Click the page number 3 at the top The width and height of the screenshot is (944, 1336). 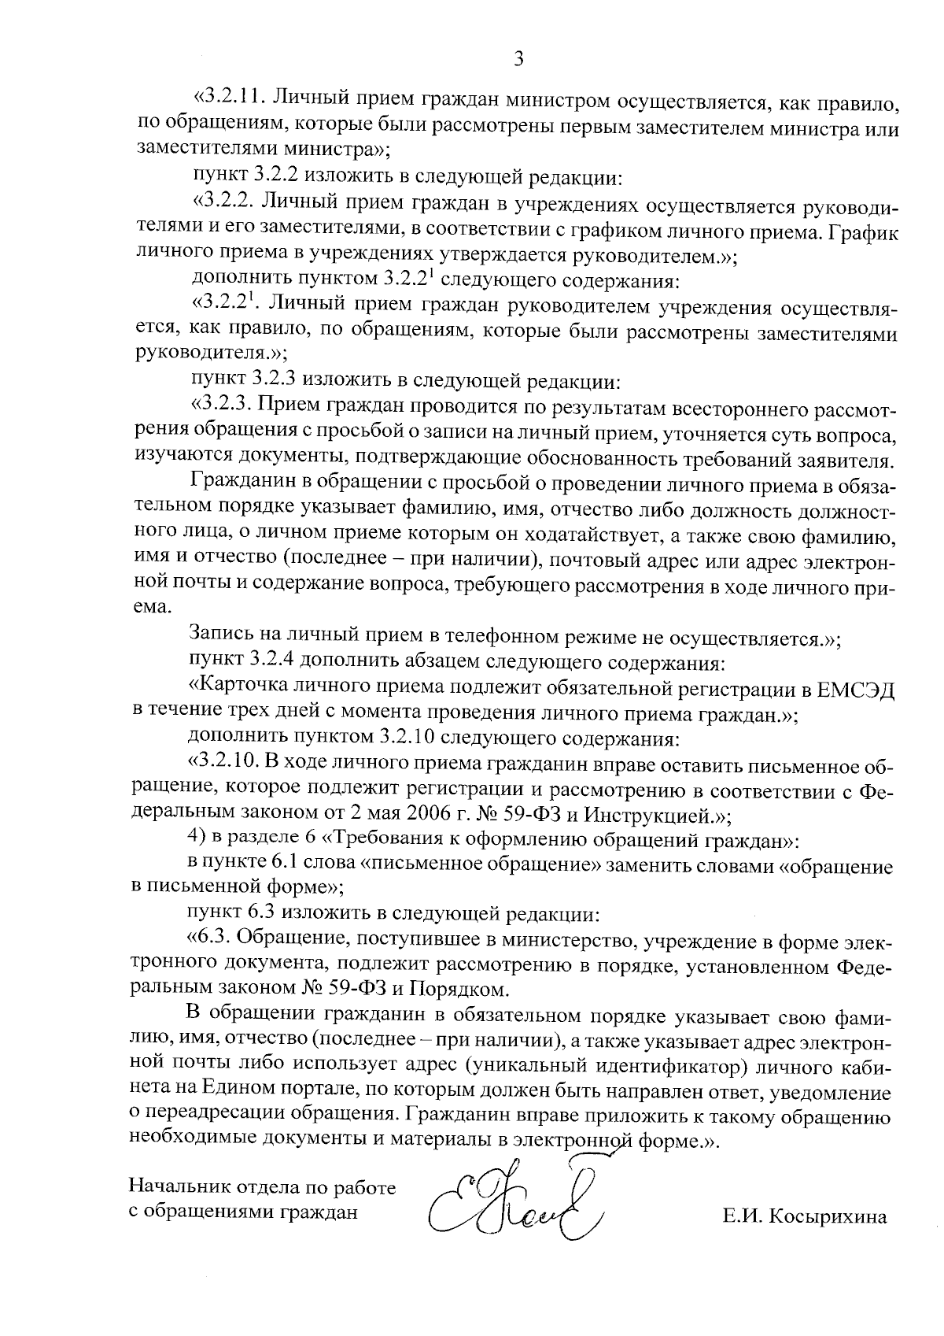pyautogui.click(x=518, y=58)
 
